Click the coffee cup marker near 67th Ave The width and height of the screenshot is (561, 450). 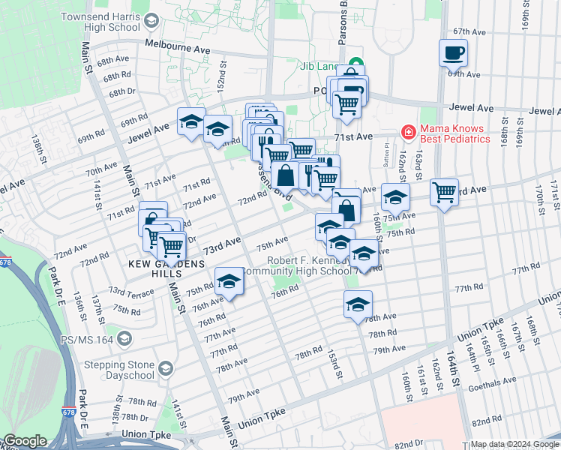pyautogui.click(x=453, y=54)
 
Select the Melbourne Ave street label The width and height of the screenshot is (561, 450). pyautogui.click(x=178, y=46)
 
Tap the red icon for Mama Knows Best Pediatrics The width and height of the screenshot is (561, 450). pyautogui.click(x=408, y=133)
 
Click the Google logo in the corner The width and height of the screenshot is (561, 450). pyautogui.click(x=25, y=441)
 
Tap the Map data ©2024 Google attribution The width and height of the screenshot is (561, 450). pyautogui.click(x=514, y=444)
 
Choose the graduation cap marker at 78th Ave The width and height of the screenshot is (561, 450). pyautogui.click(x=358, y=305)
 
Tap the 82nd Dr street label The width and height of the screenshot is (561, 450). pyautogui.click(x=408, y=444)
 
